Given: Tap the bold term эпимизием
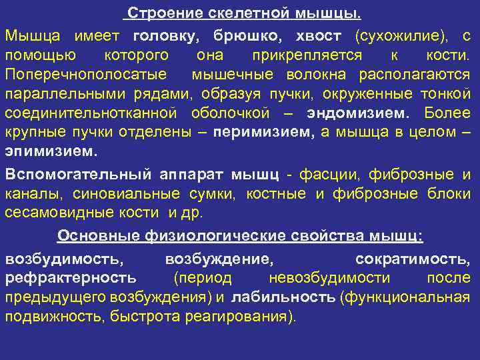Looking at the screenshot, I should (x=49, y=151).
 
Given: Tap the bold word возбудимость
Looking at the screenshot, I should (x=63, y=257).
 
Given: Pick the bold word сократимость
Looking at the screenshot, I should (x=413, y=257).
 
